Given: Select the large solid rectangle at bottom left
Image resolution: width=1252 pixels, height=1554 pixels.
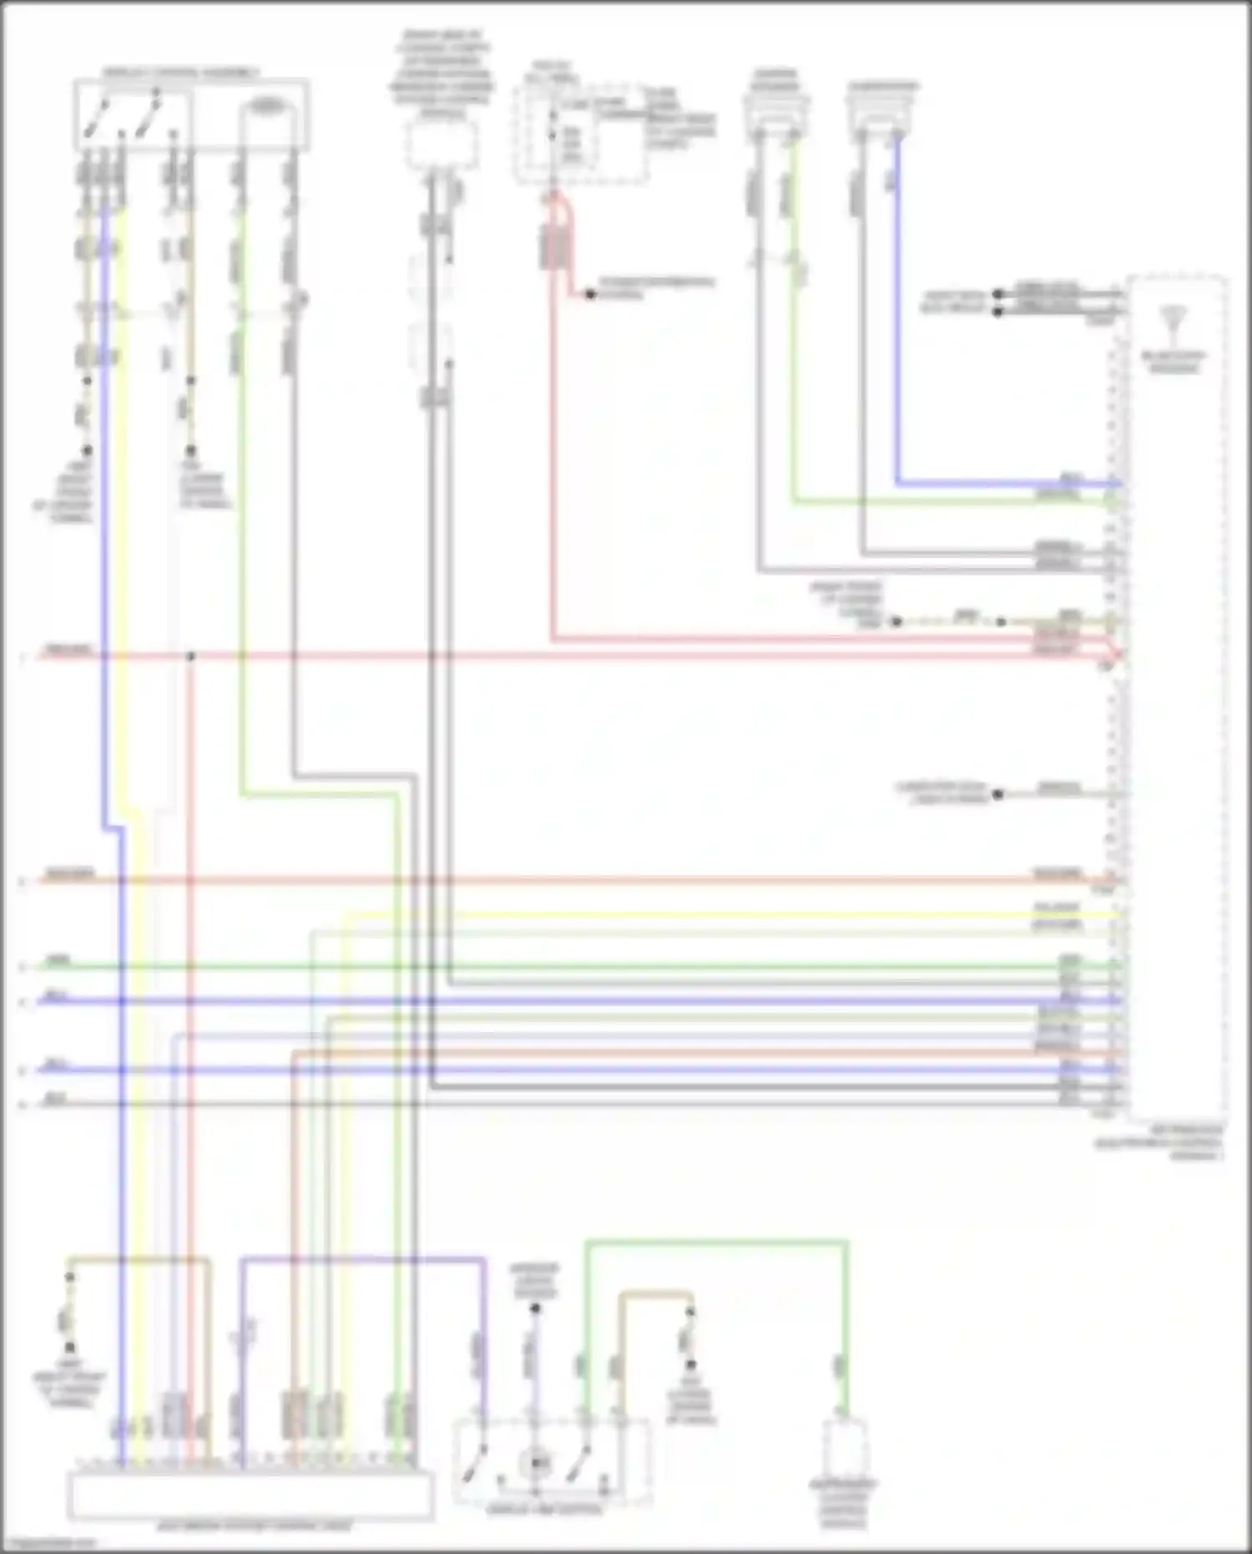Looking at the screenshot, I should (x=250, y=1496).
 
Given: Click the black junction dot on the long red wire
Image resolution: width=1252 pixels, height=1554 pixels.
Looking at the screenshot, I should (x=190, y=656).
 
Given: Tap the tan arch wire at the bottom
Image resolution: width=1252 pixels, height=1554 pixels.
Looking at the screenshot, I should (x=656, y=1295).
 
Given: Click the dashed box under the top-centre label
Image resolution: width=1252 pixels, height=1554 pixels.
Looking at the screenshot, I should (x=442, y=145).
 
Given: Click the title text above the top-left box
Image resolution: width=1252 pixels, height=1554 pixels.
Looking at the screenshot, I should (x=180, y=73).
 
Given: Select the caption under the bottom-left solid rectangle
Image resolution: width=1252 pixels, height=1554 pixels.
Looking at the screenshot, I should (x=254, y=1527).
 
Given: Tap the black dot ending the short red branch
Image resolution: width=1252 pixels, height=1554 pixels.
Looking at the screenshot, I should (x=590, y=295).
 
